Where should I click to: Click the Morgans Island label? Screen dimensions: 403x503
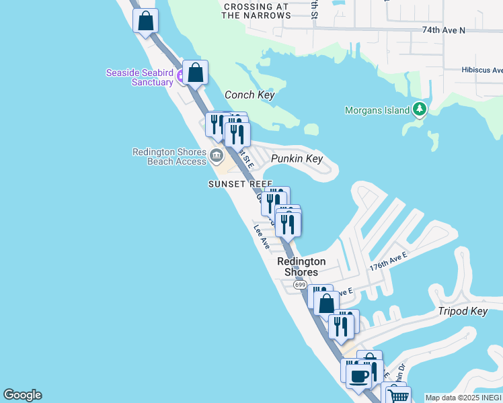tap(376, 110)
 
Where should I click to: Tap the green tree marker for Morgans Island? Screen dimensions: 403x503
tap(420, 109)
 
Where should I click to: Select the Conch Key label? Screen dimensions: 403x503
tap(249, 95)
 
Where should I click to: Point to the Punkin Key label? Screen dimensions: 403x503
tap(297, 159)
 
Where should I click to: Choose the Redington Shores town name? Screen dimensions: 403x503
tap(301, 267)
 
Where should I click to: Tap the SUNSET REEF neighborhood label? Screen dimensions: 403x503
tap(240, 184)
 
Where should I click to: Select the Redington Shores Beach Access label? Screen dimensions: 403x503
tap(169, 156)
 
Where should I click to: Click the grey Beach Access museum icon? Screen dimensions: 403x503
tap(216, 156)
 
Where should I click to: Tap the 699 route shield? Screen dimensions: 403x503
tap(300, 285)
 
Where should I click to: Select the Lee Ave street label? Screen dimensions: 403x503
tap(262, 237)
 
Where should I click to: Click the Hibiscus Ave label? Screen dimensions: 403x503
tap(481, 70)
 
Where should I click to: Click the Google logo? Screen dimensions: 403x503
tap(22, 396)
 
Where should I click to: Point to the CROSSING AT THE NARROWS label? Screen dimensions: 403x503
tap(256, 11)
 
